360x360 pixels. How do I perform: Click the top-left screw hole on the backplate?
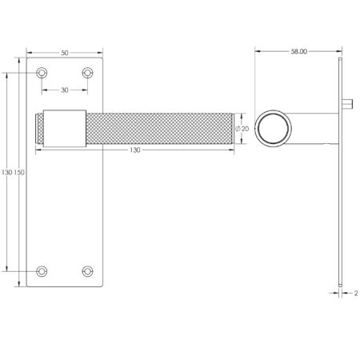[42, 74]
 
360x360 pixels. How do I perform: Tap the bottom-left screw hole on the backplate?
[42, 270]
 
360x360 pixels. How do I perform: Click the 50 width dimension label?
[65, 52]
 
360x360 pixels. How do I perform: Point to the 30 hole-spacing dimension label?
[65, 90]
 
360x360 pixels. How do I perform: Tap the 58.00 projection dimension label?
[298, 52]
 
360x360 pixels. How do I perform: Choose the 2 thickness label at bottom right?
[354, 293]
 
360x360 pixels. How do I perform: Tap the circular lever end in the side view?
[274, 128]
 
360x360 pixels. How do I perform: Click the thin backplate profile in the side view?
[340, 200]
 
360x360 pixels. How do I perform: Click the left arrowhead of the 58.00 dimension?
[258, 52]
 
